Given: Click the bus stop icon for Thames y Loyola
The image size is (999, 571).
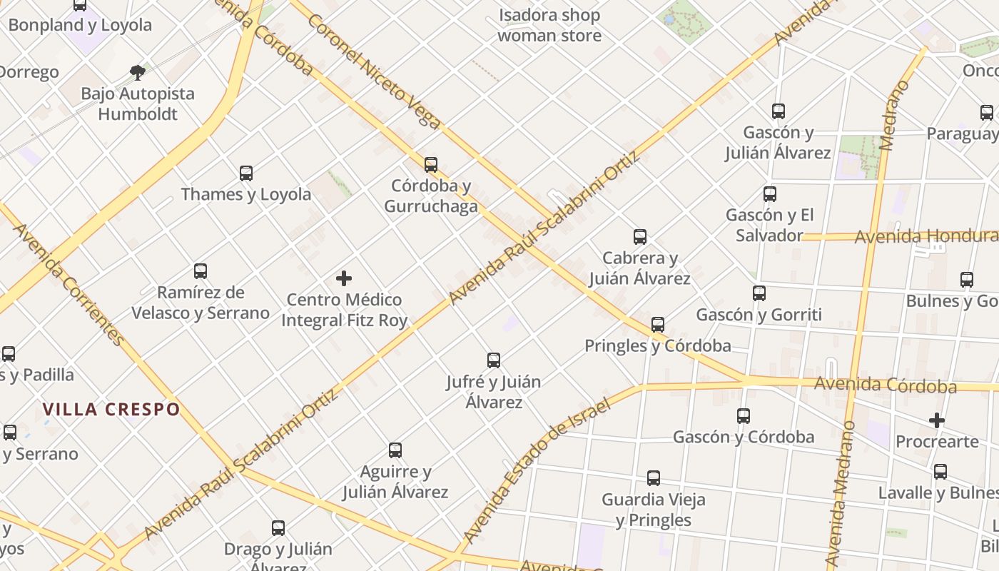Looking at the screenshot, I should [246, 173].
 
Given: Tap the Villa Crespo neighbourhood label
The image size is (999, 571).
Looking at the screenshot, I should [111, 410].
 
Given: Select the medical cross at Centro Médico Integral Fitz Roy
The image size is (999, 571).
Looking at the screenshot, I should [344, 278].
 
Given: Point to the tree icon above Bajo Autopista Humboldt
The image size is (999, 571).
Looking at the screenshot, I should [138, 71].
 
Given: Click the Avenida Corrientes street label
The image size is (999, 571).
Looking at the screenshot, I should [69, 284].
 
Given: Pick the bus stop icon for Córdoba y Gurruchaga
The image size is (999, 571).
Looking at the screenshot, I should [431, 165].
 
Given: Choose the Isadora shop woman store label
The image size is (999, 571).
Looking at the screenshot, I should [549, 25].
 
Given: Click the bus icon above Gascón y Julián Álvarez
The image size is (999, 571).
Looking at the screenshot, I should [779, 111].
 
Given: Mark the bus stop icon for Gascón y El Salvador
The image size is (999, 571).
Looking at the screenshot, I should [770, 193].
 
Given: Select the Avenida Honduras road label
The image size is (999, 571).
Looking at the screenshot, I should [926, 236].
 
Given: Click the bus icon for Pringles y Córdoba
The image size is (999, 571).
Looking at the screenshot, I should [658, 325].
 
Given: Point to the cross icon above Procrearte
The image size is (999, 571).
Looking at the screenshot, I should [937, 420].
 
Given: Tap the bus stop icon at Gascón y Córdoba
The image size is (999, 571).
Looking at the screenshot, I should [744, 415].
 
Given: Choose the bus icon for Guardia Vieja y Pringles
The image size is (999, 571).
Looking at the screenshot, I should [654, 478].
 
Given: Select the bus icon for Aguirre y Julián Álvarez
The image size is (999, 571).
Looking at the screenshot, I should [395, 450].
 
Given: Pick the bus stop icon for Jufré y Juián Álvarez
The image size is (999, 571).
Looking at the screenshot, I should [494, 360].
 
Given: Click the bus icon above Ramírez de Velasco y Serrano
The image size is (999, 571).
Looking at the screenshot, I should [201, 271].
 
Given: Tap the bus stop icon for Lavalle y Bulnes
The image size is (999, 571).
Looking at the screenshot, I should [940, 472].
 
